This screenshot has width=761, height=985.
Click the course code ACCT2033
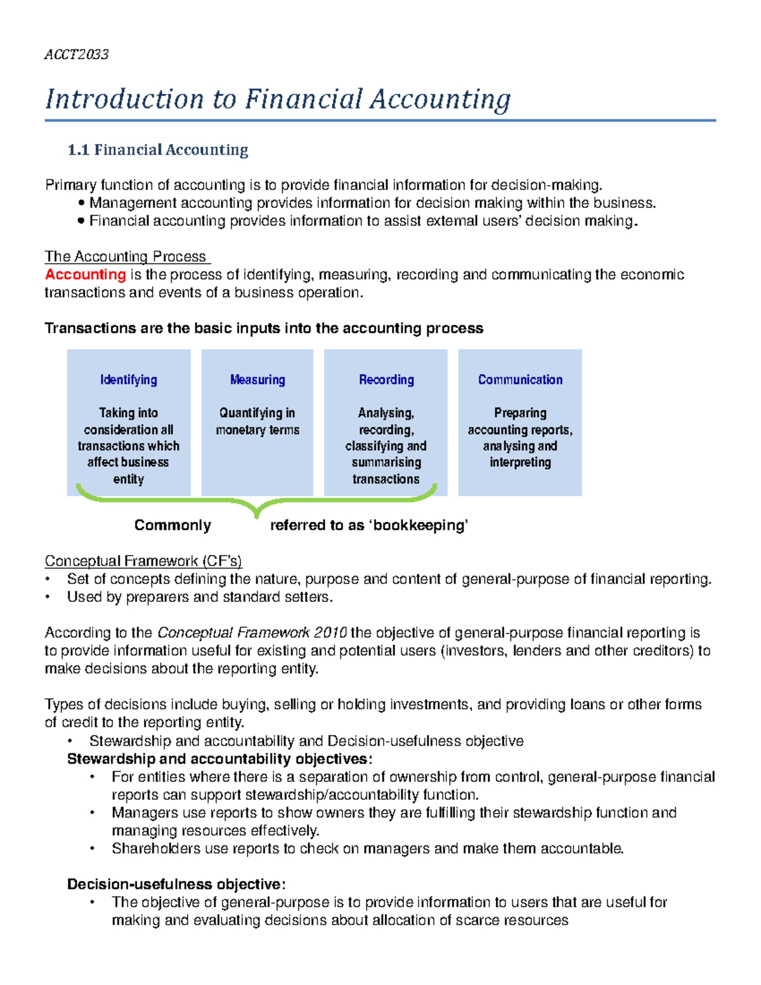click(x=76, y=55)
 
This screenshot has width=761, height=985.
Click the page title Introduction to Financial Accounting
click(x=278, y=99)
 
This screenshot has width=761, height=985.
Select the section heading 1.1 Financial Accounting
click(x=158, y=150)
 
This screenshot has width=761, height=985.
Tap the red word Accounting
click(x=85, y=275)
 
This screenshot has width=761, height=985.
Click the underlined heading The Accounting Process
click(x=126, y=256)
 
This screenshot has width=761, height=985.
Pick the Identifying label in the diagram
click(x=129, y=380)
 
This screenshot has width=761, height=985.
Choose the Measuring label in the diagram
click(x=257, y=380)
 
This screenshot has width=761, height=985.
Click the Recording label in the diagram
click(x=386, y=380)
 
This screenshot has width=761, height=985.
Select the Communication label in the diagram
click(x=520, y=380)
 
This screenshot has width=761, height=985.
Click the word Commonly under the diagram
click(x=172, y=525)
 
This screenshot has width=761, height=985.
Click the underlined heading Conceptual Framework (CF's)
click(x=143, y=561)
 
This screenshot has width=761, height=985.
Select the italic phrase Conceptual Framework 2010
click(x=252, y=632)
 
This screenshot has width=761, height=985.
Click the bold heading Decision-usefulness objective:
click(x=176, y=884)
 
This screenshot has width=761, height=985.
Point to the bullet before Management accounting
click(x=81, y=204)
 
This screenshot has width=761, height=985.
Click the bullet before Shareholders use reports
click(x=93, y=849)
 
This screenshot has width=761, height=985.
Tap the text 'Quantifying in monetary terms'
click(x=257, y=421)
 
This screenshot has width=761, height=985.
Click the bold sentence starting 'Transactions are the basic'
click(x=264, y=328)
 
